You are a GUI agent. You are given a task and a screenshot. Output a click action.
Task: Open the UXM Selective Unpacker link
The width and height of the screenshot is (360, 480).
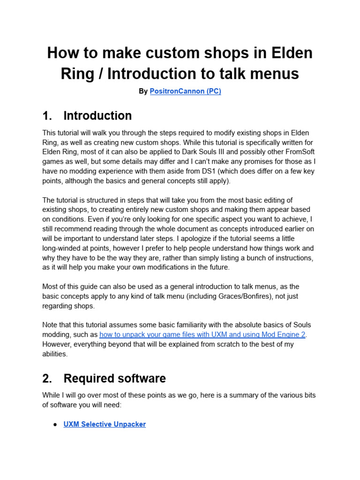(x=105, y=424)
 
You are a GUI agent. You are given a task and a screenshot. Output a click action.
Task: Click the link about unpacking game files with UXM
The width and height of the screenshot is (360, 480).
(x=203, y=335)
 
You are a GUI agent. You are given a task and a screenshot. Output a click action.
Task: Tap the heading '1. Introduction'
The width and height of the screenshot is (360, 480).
(x=87, y=116)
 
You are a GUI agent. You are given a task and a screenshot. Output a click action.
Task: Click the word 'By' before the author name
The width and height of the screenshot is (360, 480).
(x=143, y=91)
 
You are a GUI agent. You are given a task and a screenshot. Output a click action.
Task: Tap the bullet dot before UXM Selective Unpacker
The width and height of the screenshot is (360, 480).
(x=55, y=424)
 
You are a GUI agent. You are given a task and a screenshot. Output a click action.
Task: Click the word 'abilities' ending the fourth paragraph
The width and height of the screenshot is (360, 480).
(x=55, y=354)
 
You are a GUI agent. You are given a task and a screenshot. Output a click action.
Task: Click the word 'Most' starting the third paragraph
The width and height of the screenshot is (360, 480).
(x=51, y=286)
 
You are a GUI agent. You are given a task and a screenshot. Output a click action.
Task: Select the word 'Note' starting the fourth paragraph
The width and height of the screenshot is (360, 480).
(x=51, y=325)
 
